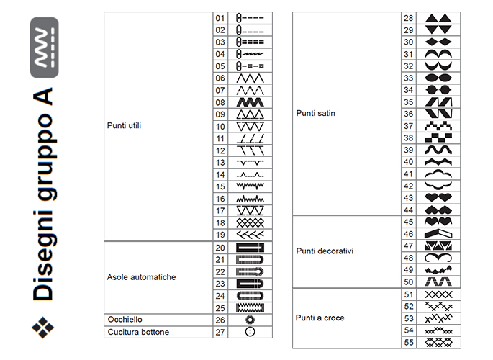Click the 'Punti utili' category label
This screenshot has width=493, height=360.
(x=124, y=125)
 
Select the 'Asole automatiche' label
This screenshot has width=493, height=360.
(x=141, y=277)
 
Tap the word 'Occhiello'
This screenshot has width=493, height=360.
(x=125, y=319)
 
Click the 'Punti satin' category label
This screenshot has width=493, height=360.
(x=316, y=113)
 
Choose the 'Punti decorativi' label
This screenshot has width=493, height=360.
(x=325, y=251)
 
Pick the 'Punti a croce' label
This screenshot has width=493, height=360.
(x=320, y=318)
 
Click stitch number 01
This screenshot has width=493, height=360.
(x=220, y=17)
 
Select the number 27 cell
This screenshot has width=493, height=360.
(x=220, y=331)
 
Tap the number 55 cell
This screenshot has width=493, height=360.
(x=409, y=342)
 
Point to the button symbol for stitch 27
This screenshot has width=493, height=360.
(x=250, y=331)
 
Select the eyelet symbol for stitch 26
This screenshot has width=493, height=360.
(x=250, y=319)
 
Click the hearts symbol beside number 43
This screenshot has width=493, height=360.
(x=438, y=198)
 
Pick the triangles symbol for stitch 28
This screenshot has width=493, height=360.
(x=438, y=18)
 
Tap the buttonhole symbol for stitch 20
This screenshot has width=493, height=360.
(x=250, y=247)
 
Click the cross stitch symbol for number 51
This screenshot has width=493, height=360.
(x=438, y=294)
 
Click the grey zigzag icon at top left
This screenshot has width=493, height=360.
(x=44, y=48)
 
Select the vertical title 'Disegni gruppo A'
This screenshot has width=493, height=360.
(x=44, y=194)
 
